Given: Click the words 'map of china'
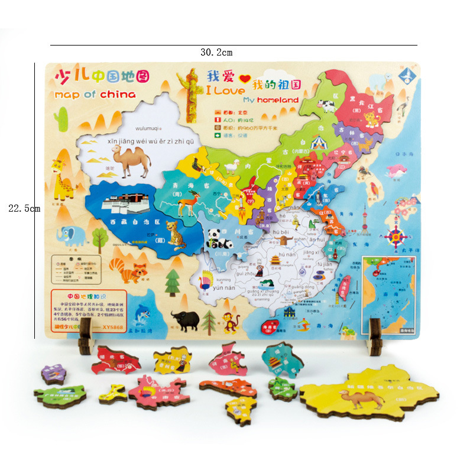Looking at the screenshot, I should tap(95, 95).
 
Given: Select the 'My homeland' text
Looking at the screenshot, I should tap(271, 100).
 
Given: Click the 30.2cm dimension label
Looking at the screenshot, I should tap(216, 53).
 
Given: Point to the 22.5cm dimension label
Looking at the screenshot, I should tap(24, 208).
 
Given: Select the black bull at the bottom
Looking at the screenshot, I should tap(186, 321).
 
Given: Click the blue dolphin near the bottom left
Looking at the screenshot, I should tap(142, 315).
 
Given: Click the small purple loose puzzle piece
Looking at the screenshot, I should tap(53, 374).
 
